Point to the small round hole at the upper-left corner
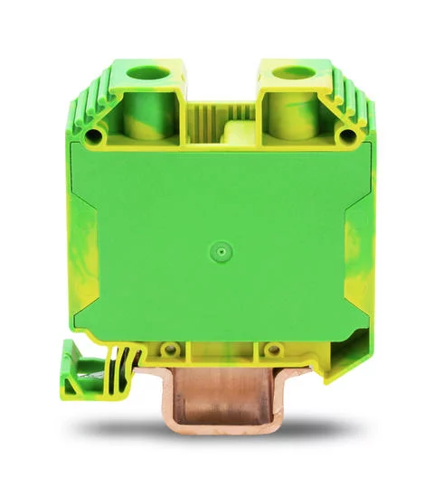93,137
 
